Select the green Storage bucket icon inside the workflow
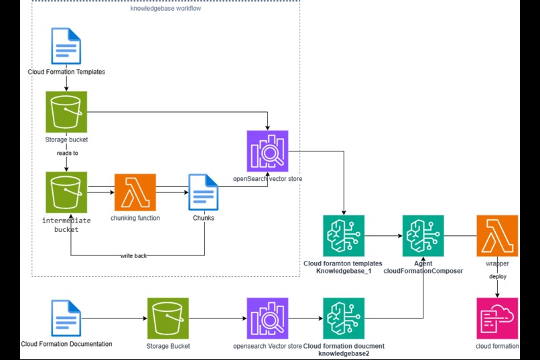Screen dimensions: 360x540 coord(66,112)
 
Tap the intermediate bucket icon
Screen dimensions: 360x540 coord(66,192)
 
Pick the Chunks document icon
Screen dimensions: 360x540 coord(204,194)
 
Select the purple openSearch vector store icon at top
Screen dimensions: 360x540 coord(267,151)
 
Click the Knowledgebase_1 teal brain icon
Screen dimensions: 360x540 coord(343,236)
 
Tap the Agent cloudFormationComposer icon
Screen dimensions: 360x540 coord(423,236)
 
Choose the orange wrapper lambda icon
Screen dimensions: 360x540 coord(497,236)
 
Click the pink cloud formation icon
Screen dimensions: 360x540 coord(497,318)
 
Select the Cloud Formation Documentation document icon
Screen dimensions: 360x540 coord(66,318)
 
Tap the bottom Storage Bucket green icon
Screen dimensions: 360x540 coord(167,318)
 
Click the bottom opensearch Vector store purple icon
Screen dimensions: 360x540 coord(267,318)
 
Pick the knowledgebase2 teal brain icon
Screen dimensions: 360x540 coord(343,318)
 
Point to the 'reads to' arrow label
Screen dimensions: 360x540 coord(66,153)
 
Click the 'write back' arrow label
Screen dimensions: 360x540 coord(133,255)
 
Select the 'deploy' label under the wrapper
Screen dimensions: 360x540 coord(497,276)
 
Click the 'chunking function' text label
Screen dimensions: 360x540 coord(135,218)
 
